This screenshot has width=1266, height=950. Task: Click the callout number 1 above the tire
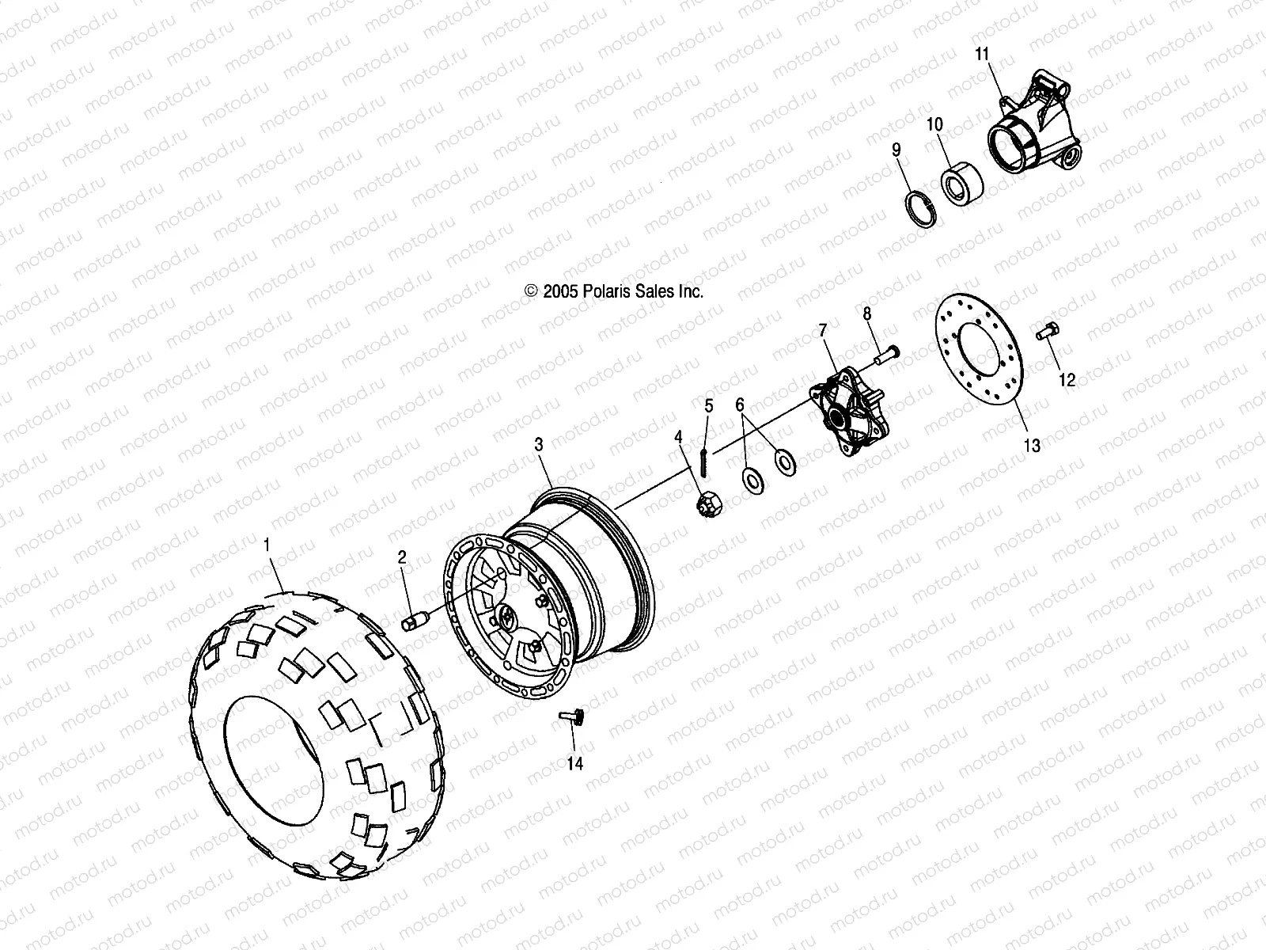pos(267,545)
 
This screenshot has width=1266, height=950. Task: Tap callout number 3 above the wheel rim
pos(539,445)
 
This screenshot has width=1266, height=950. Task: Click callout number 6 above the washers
pos(741,405)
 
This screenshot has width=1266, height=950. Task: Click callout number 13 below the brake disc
pos(1032,446)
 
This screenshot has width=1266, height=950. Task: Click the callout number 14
pos(574,763)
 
